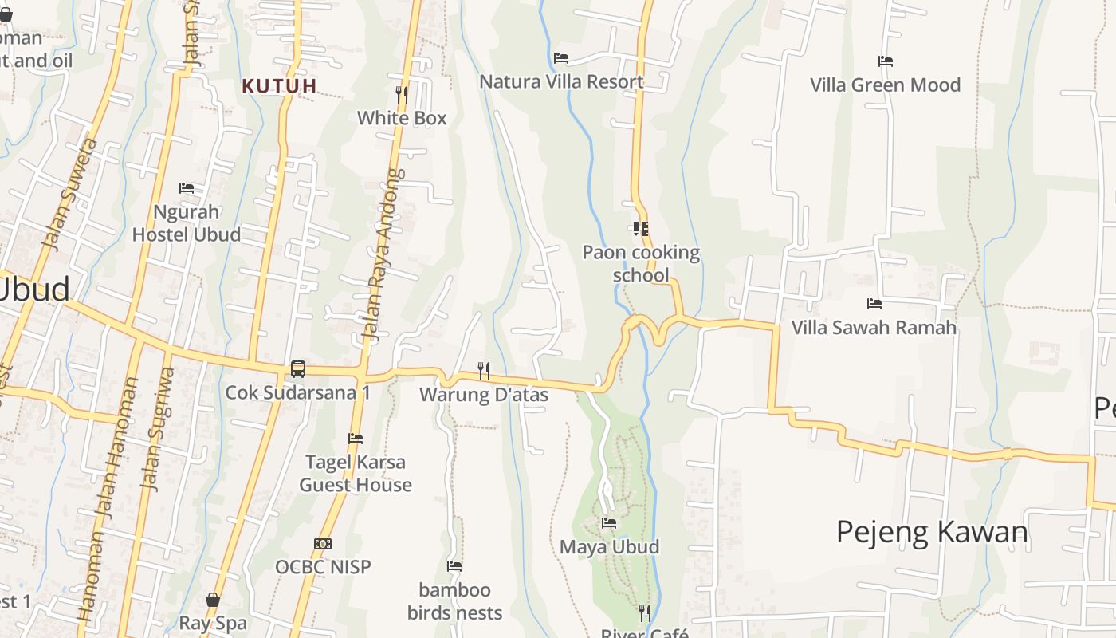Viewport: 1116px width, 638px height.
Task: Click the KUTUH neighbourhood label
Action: [x=280, y=86]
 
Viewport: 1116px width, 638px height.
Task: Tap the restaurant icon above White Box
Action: [x=402, y=95]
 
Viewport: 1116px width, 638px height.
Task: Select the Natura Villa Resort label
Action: [x=561, y=81]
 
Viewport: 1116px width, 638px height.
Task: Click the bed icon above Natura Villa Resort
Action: [x=561, y=58]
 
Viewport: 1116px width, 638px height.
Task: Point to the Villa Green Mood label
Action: [x=885, y=85]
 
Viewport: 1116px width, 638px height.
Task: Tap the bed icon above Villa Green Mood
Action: [x=885, y=61]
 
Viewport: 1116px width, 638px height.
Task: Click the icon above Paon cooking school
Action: [x=640, y=229]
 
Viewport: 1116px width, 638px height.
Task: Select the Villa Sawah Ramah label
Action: [x=874, y=327]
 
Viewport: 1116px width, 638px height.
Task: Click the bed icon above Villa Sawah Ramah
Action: [x=874, y=304]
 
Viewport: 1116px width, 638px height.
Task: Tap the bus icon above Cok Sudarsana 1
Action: [x=297, y=369]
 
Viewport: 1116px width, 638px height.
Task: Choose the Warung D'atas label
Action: [x=484, y=395]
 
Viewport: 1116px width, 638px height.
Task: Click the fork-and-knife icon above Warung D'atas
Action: [x=483, y=371]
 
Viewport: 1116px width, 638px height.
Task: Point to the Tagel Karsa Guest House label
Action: [x=356, y=473]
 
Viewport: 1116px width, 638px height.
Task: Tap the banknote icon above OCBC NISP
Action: [x=323, y=544]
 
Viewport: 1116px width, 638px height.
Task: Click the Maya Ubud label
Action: [x=609, y=546]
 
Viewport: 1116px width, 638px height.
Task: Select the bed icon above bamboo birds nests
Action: [x=454, y=566]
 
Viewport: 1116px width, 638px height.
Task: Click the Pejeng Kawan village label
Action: [x=932, y=531]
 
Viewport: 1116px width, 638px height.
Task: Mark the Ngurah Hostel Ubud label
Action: [x=187, y=223]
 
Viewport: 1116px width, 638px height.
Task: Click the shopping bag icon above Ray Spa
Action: [x=213, y=600]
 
